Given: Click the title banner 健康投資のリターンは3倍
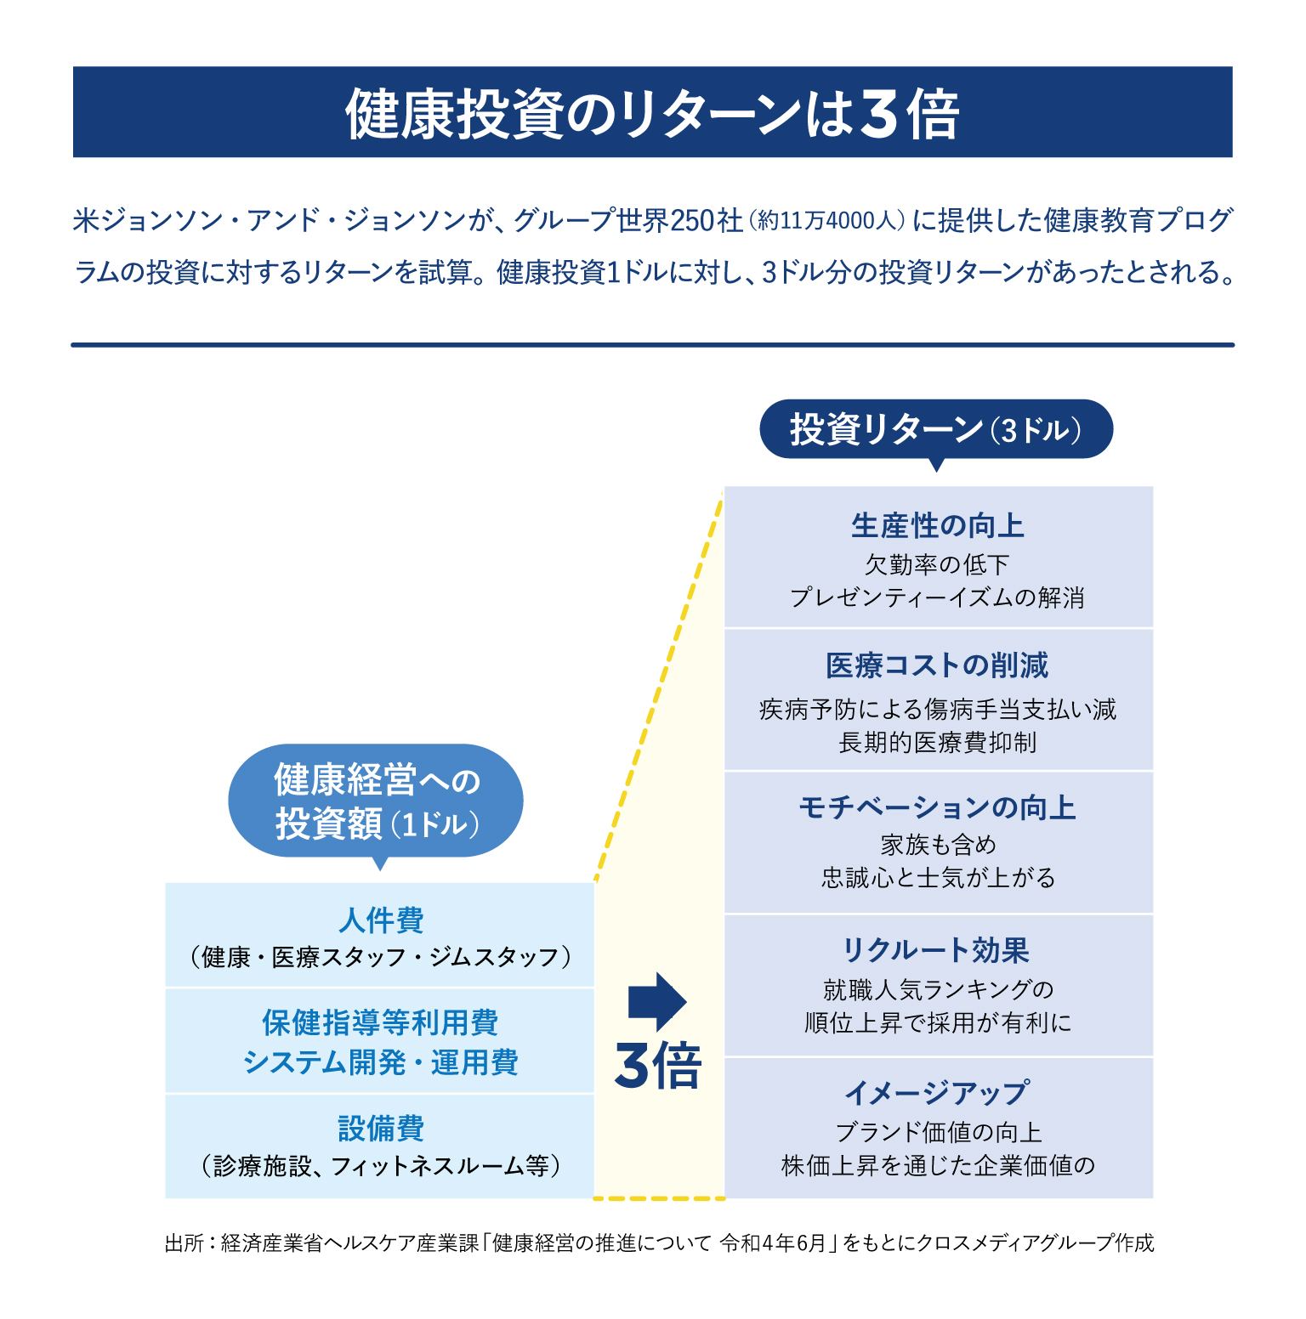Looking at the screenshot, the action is pyautogui.click(x=652, y=112).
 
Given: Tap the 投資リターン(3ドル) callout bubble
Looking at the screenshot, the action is pyautogui.click(x=936, y=432).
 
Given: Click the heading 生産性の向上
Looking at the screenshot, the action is pyautogui.click(x=938, y=526).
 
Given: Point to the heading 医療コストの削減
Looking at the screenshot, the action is pyautogui.click(x=938, y=665).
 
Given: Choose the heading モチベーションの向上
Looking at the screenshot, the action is pyautogui.click(x=938, y=807).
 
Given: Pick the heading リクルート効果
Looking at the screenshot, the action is pyautogui.click(x=936, y=950).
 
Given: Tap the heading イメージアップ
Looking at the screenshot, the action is pyautogui.click(x=937, y=1093).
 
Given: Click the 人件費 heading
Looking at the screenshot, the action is pyautogui.click(x=381, y=920).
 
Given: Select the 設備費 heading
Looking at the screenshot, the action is pyautogui.click(x=381, y=1129).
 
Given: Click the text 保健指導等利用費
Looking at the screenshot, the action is pyautogui.click(x=380, y=1022).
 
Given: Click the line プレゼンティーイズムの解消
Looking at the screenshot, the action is pyautogui.click(x=938, y=597).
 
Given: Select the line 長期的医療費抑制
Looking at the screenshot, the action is pyautogui.click(x=938, y=743).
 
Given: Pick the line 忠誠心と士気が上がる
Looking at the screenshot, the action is pyautogui.click(x=938, y=877).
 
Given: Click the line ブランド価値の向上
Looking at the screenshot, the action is pyautogui.click(x=938, y=1132).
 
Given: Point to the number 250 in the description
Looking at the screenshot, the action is pyautogui.click(x=692, y=221).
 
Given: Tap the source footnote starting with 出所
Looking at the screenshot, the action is pyautogui.click(x=660, y=1243).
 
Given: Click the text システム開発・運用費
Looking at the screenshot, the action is pyautogui.click(x=381, y=1062).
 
